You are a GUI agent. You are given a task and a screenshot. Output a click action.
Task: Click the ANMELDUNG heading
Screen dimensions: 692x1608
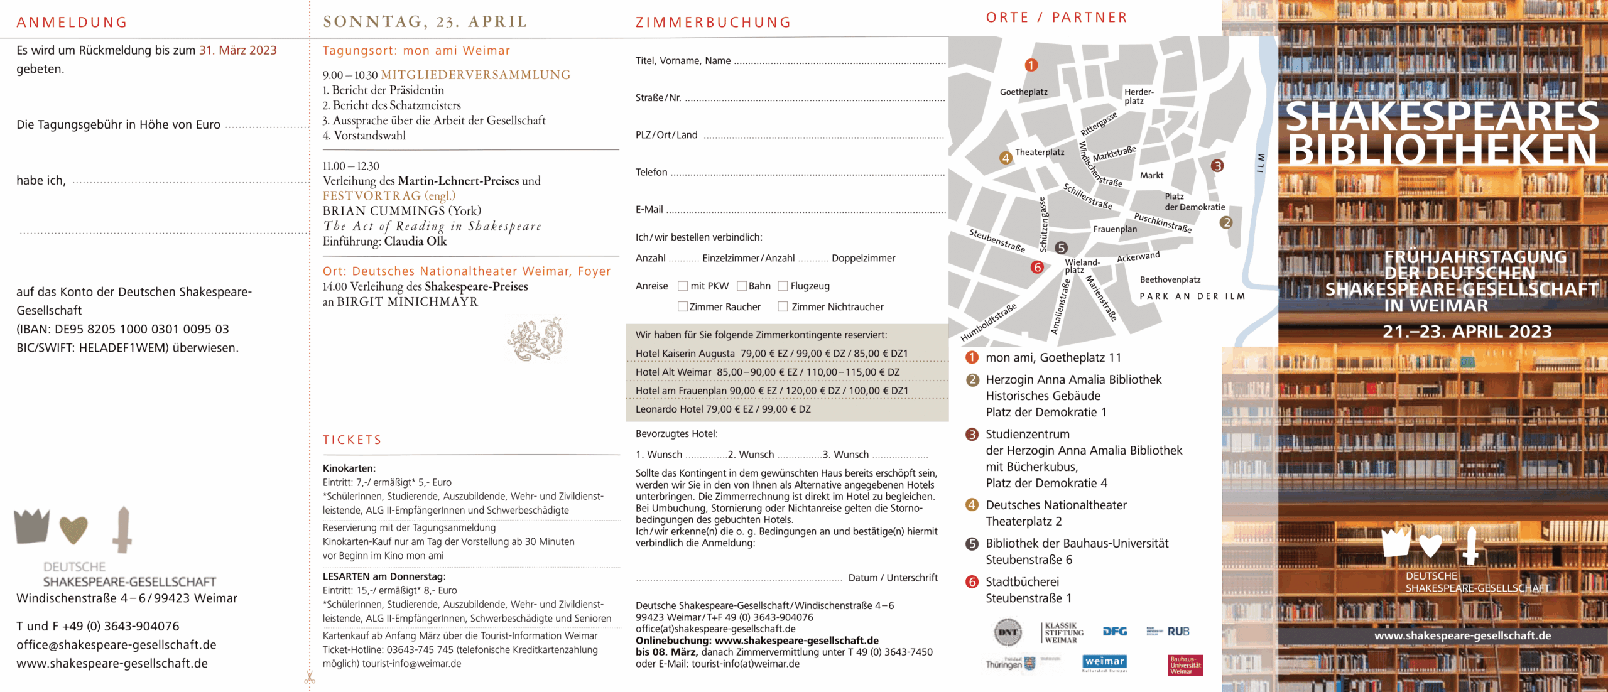tap(72, 23)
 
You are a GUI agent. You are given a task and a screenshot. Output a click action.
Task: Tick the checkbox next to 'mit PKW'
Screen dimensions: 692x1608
tap(683, 286)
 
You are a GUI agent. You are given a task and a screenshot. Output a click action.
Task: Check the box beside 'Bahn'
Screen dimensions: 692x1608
tap(742, 286)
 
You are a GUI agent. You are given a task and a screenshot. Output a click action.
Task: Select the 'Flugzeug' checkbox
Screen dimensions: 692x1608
tap(783, 286)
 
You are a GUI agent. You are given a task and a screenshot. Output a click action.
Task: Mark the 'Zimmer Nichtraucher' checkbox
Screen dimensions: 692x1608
tap(783, 307)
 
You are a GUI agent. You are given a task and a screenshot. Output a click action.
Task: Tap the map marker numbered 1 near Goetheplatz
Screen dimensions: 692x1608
tap(1031, 65)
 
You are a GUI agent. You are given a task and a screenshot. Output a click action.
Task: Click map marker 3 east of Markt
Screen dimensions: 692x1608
tap(1217, 166)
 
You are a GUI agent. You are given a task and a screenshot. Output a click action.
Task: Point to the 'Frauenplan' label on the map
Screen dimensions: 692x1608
tap(1115, 229)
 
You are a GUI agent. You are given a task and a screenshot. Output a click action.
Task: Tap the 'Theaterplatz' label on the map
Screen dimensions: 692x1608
tap(1040, 153)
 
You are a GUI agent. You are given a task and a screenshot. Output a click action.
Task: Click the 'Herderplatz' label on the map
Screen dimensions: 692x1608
tap(1138, 97)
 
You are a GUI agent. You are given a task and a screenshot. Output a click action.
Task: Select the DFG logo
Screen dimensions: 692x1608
tap(1115, 632)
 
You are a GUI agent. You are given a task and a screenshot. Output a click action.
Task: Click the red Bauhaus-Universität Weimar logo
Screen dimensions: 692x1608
tap(1185, 666)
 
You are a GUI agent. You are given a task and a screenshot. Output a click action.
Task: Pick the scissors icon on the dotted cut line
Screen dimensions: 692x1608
tap(310, 678)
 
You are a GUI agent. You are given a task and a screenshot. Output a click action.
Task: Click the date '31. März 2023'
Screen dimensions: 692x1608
tap(238, 51)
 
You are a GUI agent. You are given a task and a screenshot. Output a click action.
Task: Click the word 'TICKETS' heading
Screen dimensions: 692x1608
tap(352, 440)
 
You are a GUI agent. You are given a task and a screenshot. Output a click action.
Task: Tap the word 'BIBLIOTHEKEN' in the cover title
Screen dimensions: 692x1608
tap(1442, 149)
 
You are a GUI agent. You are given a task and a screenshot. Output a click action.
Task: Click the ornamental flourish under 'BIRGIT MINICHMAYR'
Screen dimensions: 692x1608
tap(535, 339)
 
